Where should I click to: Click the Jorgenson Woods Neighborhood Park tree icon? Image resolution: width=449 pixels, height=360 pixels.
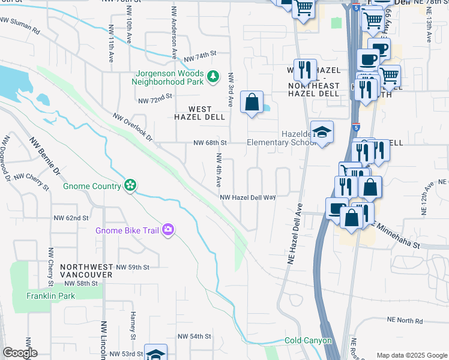(212, 76)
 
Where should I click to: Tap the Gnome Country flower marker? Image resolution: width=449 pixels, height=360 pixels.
(130, 186)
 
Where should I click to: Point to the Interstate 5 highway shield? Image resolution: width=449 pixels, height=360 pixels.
(357, 128)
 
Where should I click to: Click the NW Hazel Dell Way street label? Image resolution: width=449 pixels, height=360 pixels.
(247, 197)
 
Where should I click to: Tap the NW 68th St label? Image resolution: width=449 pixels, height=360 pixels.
(209, 143)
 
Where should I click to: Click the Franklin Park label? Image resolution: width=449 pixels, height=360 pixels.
(50, 296)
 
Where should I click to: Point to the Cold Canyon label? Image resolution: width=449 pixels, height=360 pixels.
(308, 340)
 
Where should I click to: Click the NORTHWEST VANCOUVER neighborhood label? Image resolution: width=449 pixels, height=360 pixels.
(86, 270)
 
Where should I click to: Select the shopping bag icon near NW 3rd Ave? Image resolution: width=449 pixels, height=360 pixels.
(252, 101)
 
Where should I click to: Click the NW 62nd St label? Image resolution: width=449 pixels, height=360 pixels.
(71, 218)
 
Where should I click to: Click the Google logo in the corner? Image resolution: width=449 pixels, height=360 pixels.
(20, 353)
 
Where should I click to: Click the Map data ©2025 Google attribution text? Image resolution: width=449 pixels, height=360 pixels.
(411, 355)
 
